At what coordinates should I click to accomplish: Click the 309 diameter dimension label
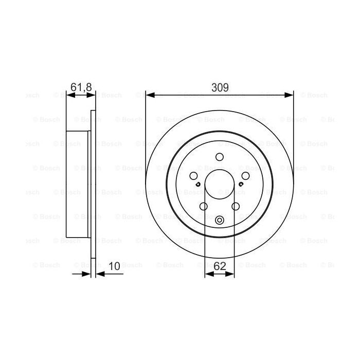point(220,87)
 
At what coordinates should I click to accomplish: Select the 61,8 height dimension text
point(81,87)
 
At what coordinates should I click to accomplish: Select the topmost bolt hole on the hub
point(219,158)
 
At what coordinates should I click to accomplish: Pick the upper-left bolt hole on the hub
point(191,175)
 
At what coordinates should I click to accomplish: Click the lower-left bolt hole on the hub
point(203,207)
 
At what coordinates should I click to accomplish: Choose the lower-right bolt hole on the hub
point(236,207)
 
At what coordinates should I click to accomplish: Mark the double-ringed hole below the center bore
point(219,222)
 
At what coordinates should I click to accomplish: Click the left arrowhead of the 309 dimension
point(150,94)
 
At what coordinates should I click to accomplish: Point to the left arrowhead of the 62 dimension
point(208,274)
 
